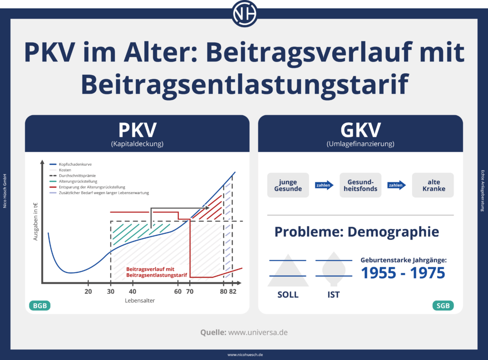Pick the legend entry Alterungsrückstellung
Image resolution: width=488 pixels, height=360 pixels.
(76, 181)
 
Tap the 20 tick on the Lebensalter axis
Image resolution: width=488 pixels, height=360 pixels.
(88, 291)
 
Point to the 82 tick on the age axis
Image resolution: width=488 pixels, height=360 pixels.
(233, 291)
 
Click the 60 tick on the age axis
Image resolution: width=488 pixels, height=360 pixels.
(178, 291)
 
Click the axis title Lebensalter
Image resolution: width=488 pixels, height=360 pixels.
(140, 301)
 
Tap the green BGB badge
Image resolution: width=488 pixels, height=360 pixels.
(40, 305)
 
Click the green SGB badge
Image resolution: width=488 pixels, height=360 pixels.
(443, 305)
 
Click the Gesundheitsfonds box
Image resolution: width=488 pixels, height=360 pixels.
(360, 185)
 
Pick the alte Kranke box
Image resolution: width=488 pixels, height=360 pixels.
(433, 185)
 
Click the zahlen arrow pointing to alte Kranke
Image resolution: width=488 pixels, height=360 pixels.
(396, 185)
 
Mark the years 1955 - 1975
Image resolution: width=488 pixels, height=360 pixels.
(403, 273)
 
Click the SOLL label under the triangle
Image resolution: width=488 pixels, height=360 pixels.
(288, 295)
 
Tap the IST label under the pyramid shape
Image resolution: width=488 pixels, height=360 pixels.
(334, 295)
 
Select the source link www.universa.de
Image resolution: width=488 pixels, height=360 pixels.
(257, 332)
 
